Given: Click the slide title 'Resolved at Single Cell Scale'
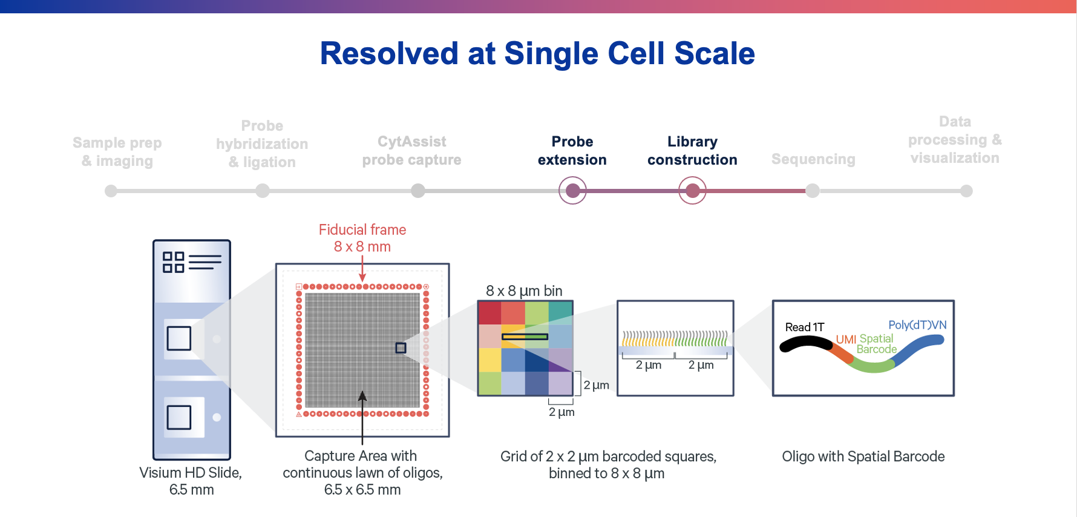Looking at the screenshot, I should [537, 53].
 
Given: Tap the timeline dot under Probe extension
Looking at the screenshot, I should [572, 191].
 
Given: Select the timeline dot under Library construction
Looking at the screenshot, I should [692, 191].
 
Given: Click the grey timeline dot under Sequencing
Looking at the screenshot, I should [813, 191].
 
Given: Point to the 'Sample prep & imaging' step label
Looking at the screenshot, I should [117, 151].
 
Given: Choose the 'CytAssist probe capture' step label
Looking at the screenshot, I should [411, 151].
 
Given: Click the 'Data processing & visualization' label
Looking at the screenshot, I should [955, 140].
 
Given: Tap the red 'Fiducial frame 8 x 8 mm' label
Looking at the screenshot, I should [362, 238].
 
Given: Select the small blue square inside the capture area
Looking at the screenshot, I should [401, 348].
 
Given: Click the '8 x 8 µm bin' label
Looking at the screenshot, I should [524, 291].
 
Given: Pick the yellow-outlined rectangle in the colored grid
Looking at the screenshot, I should [525, 337].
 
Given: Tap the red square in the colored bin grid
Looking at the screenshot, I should [489, 313].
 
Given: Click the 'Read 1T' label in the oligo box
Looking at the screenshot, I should [804, 327].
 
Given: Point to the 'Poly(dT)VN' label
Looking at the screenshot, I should [917, 325].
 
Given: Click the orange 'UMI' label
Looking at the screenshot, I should [846, 340].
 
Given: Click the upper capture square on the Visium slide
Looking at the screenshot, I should [179, 338].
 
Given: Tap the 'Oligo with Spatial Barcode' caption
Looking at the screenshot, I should [863, 456].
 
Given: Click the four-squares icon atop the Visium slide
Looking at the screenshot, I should [174, 262].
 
